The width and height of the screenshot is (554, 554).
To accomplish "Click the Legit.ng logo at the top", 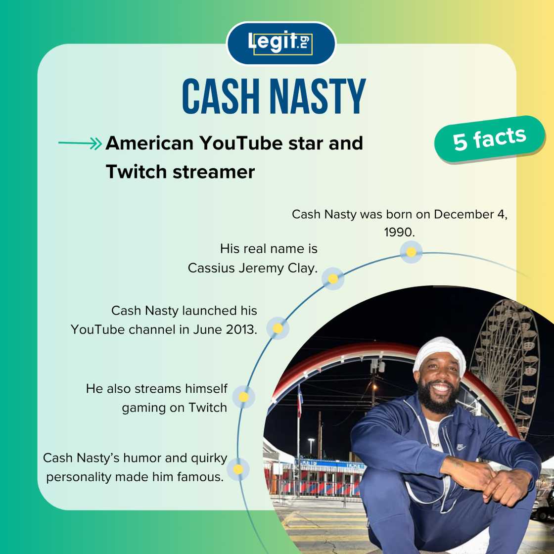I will [280, 43].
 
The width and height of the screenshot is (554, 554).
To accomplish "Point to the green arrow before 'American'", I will [80, 144].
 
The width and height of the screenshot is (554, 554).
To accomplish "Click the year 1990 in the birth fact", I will [399, 232].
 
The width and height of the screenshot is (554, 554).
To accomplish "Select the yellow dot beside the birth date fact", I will [411, 252].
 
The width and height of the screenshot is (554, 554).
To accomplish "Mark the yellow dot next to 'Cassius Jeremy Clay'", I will [333, 279].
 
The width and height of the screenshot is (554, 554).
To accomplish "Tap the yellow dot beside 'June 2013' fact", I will [278, 328].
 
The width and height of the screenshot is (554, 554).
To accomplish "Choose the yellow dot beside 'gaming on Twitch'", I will [243, 397].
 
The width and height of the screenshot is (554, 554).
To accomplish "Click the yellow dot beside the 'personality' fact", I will [238, 469].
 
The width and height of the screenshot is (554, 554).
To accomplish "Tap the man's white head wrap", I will [439, 352].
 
